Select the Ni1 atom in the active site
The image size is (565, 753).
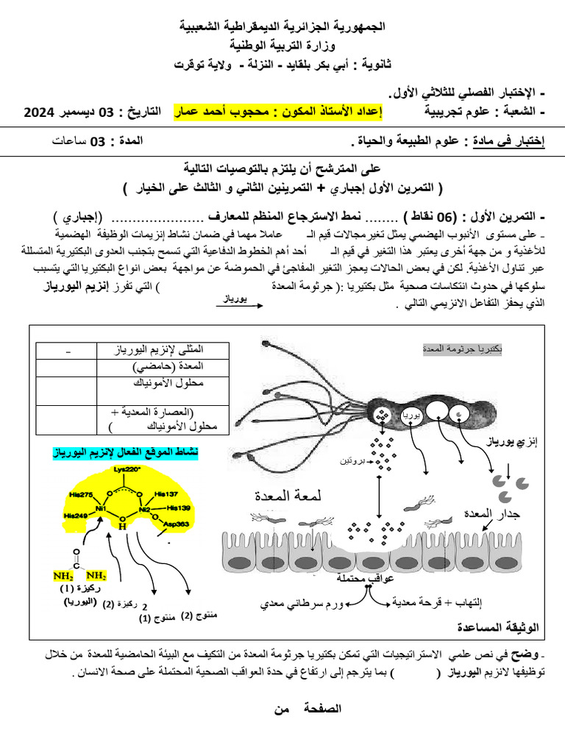pyautogui.click(x=101, y=508)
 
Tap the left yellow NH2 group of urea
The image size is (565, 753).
pyautogui.click(x=63, y=575)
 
